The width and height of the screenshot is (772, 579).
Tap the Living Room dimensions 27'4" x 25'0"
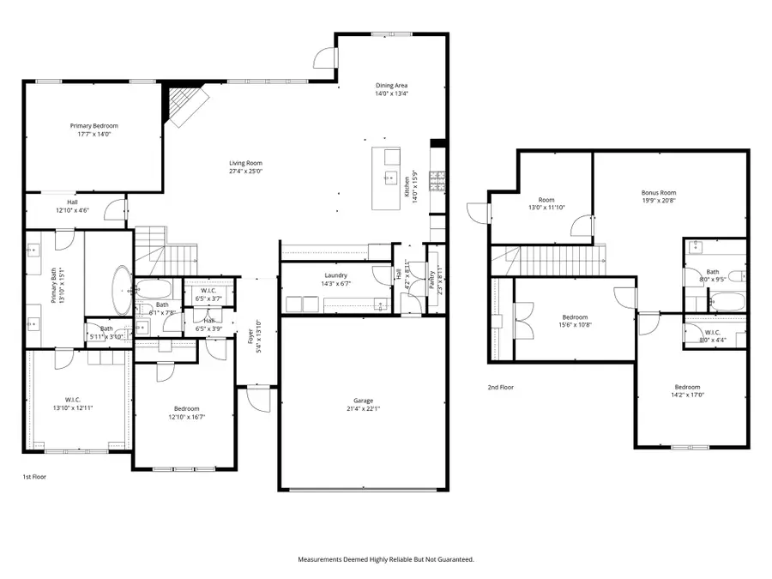pyautogui.click(x=245, y=172)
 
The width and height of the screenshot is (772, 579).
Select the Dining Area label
pyautogui.click(x=391, y=86)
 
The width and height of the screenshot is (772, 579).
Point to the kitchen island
pyautogui.click(x=386, y=178)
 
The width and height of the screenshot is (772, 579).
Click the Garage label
pyautogui.click(x=363, y=400)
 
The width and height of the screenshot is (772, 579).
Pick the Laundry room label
pyautogui.click(x=335, y=274)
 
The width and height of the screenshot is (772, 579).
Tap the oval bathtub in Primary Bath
pyautogui.click(x=121, y=292)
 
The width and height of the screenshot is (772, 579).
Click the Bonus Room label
pyautogui.click(x=659, y=193)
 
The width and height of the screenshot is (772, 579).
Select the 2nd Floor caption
pyautogui.click(x=500, y=388)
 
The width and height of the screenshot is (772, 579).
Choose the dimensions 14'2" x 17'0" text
pyautogui.click(x=686, y=395)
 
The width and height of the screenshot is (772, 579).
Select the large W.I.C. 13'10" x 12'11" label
pyautogui.click(x=73, y=407)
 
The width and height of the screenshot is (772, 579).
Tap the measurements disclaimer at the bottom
pyautogui.click(x=386, y=559)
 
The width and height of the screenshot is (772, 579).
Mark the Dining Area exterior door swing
pyautogui.click(x=323, y=57)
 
